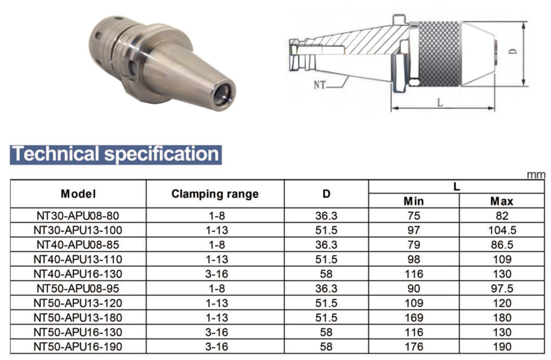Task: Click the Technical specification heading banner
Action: pyautogui.click(x=116, y=154)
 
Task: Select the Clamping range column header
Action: pyautogui.click(x=215, y=194)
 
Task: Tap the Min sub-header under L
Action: pyautogui.click(x=414, y=201)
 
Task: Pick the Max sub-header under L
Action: pyautogui.click(x=502, y=201)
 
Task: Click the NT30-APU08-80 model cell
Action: pyautogui.click(x=78, y=215)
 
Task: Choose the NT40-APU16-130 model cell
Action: pyautogui.click(x=78, y=274)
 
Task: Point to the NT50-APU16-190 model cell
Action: pyautogui.click(x=78, y=347)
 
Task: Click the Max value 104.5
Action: pyautogui.click(x=502, y=230)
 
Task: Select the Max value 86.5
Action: pyautogui.click(x=502, y=245)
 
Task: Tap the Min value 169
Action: pyautogui.click(x=414, y=318)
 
